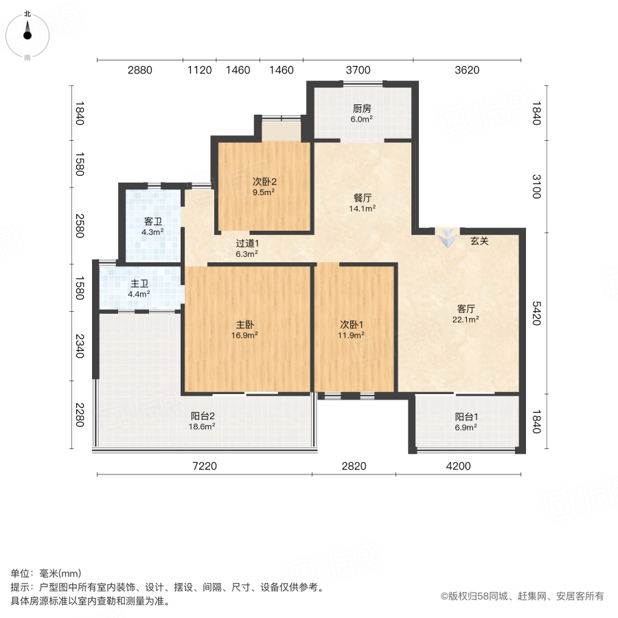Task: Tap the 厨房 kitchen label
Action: coord(362,108)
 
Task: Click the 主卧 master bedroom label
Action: coord(247,325)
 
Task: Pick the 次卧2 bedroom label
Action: coord(264,182)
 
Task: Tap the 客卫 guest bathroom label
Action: coord(152,222)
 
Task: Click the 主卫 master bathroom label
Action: coord(139,284)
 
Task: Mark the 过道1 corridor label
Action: coord(247,243)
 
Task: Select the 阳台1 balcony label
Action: coord(466,416)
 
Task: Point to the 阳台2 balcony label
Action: coord(203,415)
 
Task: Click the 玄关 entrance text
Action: coord(480,241)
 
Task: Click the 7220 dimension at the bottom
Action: coord(204,466)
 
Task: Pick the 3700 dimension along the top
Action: coord(358,69)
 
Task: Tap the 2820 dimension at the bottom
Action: coord(354,466)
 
